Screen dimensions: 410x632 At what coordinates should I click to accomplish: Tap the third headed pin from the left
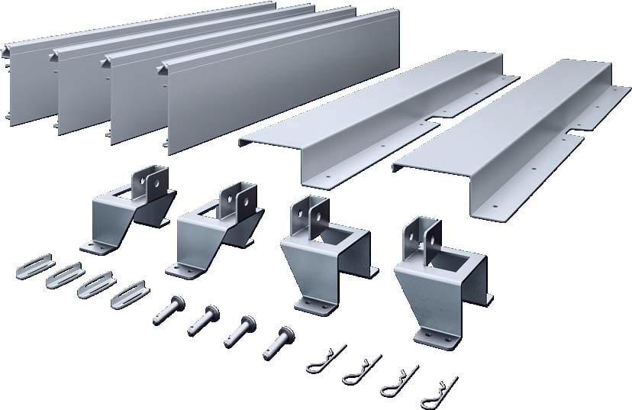coord(240,330)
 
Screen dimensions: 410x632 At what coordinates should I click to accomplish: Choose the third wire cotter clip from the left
coord(401,378)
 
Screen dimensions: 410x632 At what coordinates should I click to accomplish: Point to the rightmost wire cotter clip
coord(443,389)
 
